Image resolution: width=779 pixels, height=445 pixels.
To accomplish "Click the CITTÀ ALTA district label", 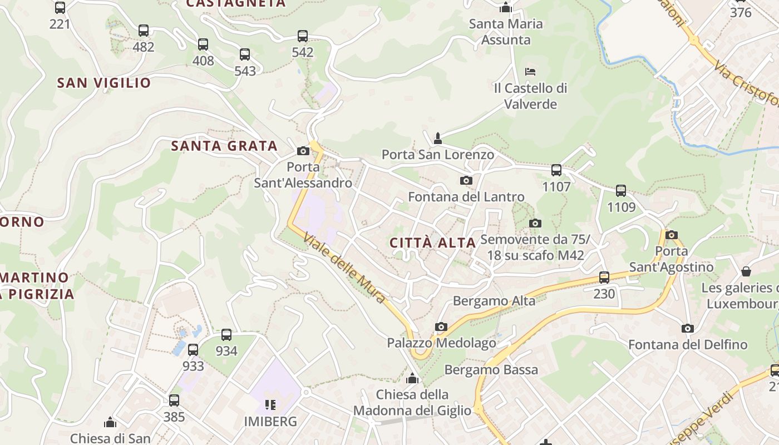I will tap(432, 243).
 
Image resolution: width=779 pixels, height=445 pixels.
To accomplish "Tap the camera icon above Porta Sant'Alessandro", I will tap(303, 151).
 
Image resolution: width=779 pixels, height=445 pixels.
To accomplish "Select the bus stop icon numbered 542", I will tap(303, 36).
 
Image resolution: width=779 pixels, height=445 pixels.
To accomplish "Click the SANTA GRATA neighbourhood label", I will tap(224, 146).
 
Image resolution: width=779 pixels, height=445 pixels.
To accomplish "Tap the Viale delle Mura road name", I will tap(344, 268).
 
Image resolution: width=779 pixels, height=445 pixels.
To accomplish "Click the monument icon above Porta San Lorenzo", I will tap(438, 138).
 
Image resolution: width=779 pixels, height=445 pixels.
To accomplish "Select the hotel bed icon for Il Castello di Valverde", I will tap(530, 72).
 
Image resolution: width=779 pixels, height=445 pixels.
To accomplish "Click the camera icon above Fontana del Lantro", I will tap(466, 180).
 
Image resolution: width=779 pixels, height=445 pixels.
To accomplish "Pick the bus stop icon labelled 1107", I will tap(556, 170).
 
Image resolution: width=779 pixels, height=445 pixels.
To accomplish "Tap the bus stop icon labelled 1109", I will tap(621, 191).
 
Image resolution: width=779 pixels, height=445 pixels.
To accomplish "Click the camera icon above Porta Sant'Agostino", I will tap(672, 235).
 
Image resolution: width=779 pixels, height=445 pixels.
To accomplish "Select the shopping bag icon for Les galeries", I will tap(746, 271).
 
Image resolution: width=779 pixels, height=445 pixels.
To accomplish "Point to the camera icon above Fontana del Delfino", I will tap(688, 328).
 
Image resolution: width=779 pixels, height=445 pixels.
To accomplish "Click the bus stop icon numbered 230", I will tap(604, 277).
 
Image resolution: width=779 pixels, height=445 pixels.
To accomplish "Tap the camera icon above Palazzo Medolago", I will tap(441, 327).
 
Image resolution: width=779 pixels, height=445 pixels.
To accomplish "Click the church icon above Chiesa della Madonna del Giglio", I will tap(412, 378).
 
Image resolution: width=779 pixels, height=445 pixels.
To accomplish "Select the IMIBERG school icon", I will tap(270, 404).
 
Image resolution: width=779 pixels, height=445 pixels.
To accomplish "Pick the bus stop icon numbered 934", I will tap(226, 335).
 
